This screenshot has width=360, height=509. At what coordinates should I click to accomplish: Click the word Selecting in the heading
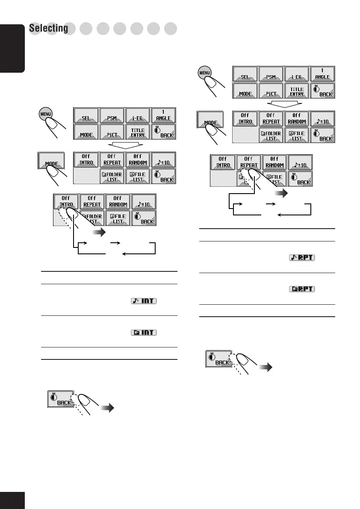coord(49,29)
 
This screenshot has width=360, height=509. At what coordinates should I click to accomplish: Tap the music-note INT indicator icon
coord(143,302)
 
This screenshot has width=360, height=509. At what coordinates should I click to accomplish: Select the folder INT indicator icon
coord(143,333)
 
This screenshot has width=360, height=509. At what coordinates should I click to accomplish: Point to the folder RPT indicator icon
coord(302,289)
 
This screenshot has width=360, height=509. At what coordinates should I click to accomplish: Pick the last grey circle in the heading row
coord(171,29)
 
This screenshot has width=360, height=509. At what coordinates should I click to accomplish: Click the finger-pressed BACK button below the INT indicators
coord(60,400)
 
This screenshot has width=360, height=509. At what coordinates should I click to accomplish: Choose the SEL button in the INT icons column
coord(86,115)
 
